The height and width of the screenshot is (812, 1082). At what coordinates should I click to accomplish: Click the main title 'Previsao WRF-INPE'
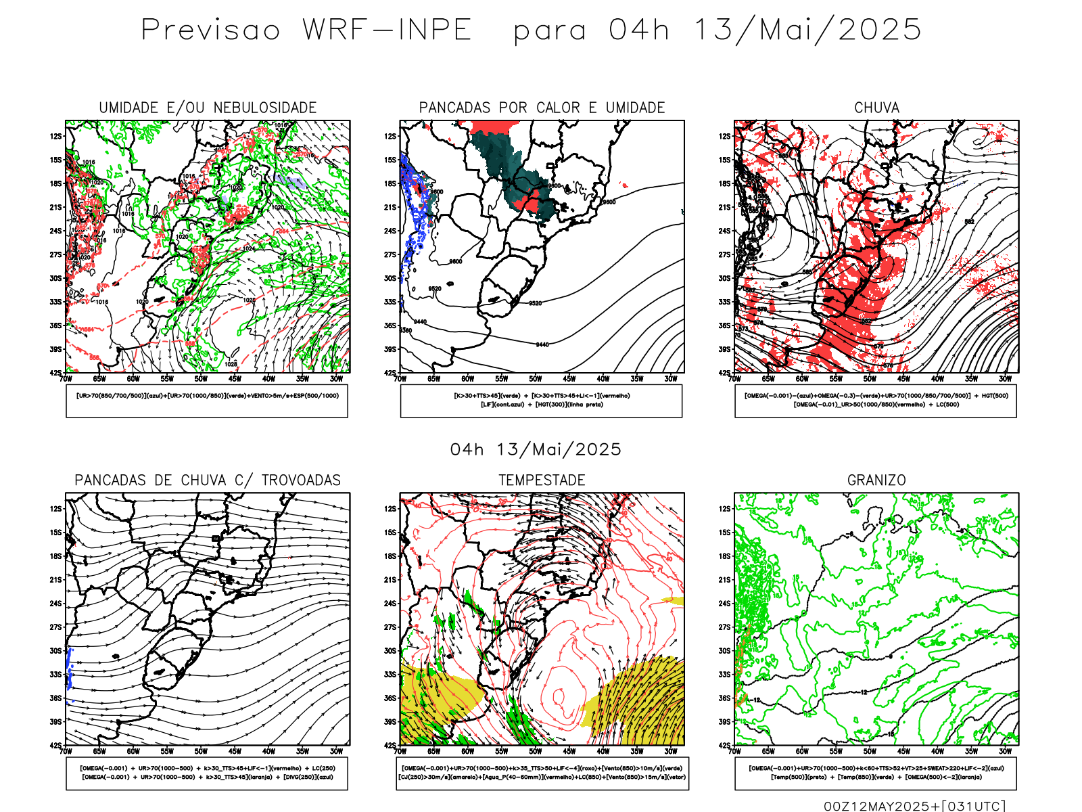(x=306, y=30)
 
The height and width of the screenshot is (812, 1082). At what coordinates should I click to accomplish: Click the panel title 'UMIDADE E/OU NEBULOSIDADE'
(x=208, y=108)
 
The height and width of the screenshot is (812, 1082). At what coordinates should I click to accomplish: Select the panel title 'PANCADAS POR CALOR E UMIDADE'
(x=542, y=108)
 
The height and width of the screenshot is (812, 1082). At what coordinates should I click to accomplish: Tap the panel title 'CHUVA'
(x=876, y=108)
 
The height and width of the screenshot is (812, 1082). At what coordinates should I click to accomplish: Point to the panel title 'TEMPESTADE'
(x=542, y=480)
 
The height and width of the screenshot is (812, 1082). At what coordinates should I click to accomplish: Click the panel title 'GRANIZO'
(x=876, y=480)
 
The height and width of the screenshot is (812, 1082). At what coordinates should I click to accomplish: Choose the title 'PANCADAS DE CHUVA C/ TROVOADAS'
(x=208, y=480)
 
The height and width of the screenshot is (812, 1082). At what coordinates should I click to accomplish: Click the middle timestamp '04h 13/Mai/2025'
(x=536, y=450)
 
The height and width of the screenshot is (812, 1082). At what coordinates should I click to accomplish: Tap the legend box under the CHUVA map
(x=876, y=401)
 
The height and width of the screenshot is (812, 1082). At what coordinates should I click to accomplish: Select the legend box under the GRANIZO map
(x=876, y=773)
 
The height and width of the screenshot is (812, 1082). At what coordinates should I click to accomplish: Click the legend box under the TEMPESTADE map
(x=542, y=773)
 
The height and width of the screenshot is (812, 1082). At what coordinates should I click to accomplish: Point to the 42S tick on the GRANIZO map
(x=725, y=746)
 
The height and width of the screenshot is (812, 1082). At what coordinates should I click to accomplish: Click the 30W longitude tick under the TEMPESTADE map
(x=670, y=751)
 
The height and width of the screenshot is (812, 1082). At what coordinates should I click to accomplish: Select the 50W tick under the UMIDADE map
(x=201, y=379)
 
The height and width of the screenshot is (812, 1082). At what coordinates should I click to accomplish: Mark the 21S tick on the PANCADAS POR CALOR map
(x=390, y=208)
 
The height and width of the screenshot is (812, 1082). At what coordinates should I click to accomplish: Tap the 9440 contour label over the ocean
(x=542, y=345)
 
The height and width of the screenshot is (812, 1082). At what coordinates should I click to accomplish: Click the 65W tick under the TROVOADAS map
(x=99, y=751)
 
